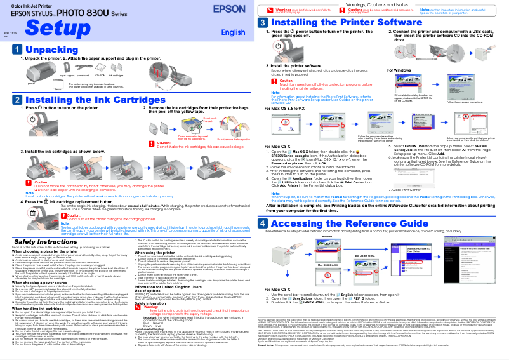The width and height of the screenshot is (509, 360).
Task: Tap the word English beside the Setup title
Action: click(233, 32)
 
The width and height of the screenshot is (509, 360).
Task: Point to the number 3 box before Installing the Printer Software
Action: click(263, 22)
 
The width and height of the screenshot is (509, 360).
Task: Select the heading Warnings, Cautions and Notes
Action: click(380, 4)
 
